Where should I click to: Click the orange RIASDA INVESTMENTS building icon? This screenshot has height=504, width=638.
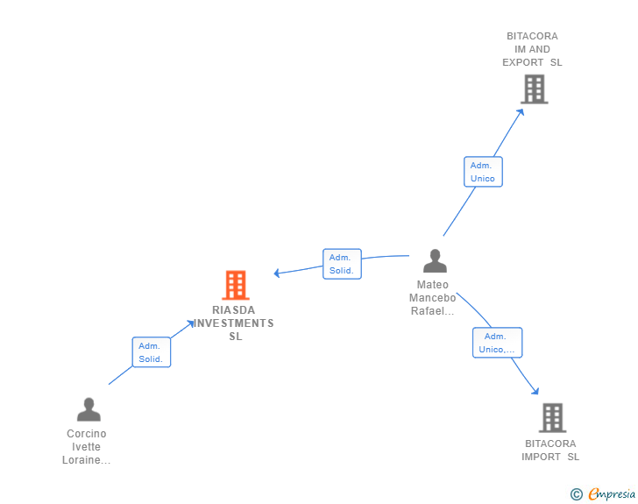(236, 285)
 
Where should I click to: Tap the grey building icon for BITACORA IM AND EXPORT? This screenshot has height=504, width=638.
(535, 89)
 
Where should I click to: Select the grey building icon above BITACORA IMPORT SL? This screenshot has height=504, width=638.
(552, 418)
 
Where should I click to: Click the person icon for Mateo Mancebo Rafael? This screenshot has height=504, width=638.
(435, 260)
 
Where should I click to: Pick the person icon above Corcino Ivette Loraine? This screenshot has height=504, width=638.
(89, 409)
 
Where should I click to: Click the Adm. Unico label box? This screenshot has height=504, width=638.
(483, 172)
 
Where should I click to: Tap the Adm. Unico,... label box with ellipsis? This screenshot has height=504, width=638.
(497, 343)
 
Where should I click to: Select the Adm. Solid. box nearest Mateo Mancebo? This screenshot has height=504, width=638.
(342, 264)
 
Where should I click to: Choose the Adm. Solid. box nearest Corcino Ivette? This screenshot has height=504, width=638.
(152, 352)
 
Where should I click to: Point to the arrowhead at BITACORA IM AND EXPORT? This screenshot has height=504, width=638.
(521, 112)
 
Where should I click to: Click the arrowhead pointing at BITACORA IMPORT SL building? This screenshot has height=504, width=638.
(535, 391)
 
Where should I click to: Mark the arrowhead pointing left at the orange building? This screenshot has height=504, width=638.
(277, 273)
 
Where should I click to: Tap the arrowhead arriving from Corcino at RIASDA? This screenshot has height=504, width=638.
(190, 323)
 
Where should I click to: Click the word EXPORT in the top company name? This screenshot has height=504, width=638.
(523, 62)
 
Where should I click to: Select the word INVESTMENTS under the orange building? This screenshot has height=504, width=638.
(233, 323)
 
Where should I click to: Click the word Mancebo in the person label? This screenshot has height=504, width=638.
(433, 298)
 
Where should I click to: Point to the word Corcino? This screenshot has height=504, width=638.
(86, 434)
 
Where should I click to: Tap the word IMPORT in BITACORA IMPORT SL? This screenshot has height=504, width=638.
(542, 457)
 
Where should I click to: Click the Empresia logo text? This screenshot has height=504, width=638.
(612, 493)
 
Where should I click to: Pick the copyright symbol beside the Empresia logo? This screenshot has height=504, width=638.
(577, 494)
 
